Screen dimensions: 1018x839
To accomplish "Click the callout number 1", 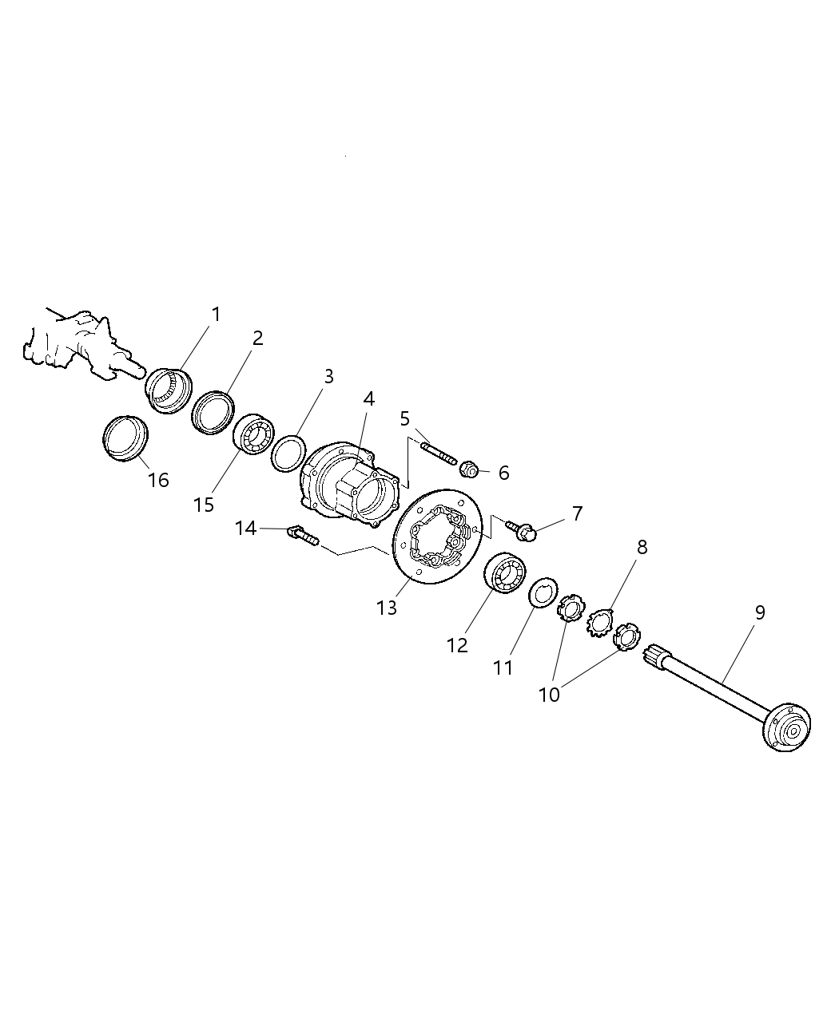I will (215, 315).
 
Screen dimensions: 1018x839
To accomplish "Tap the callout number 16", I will (158, 480).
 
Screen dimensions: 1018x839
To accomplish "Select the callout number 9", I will (759, 612).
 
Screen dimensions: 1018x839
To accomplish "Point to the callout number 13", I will (387, 608).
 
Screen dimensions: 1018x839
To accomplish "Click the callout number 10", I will (550, 694).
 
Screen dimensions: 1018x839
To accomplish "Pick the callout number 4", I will (368, 398).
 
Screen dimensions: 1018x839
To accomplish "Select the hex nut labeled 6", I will (469, 471).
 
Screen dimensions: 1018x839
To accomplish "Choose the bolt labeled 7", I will (521, 528).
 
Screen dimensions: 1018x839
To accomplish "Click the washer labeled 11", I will (544, 595).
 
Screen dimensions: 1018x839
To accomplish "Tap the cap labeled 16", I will (126, 438).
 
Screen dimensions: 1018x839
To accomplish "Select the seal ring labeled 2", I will (212, 412).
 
